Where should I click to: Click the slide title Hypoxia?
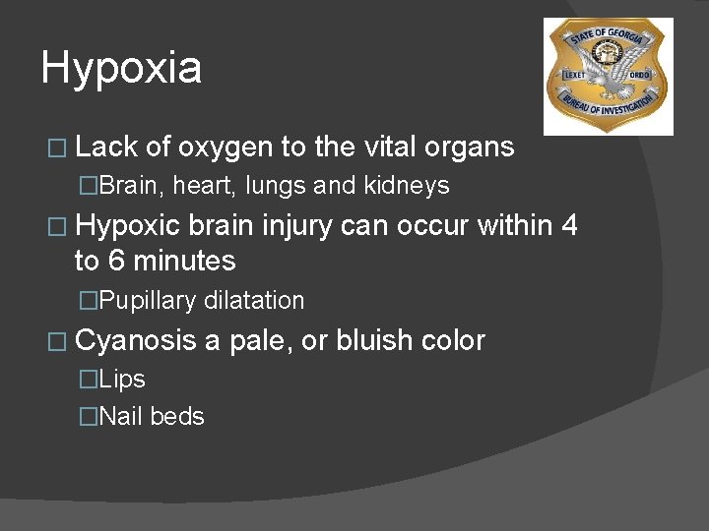(x=121, y=69)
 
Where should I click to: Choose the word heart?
(x=205, y=186)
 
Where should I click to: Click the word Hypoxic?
(x=127, y=225)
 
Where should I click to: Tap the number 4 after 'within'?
(x=568, y=225)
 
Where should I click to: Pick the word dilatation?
(x=254, y=300)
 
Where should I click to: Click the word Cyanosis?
(x=136, y=341)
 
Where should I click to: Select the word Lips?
(x=122, y=379)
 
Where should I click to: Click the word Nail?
(x=121, y=416)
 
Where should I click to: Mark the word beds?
(x=177, y=416)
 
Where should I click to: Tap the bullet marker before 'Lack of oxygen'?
(x=55, y=148)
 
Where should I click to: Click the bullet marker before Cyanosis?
(x=55, y=342)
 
